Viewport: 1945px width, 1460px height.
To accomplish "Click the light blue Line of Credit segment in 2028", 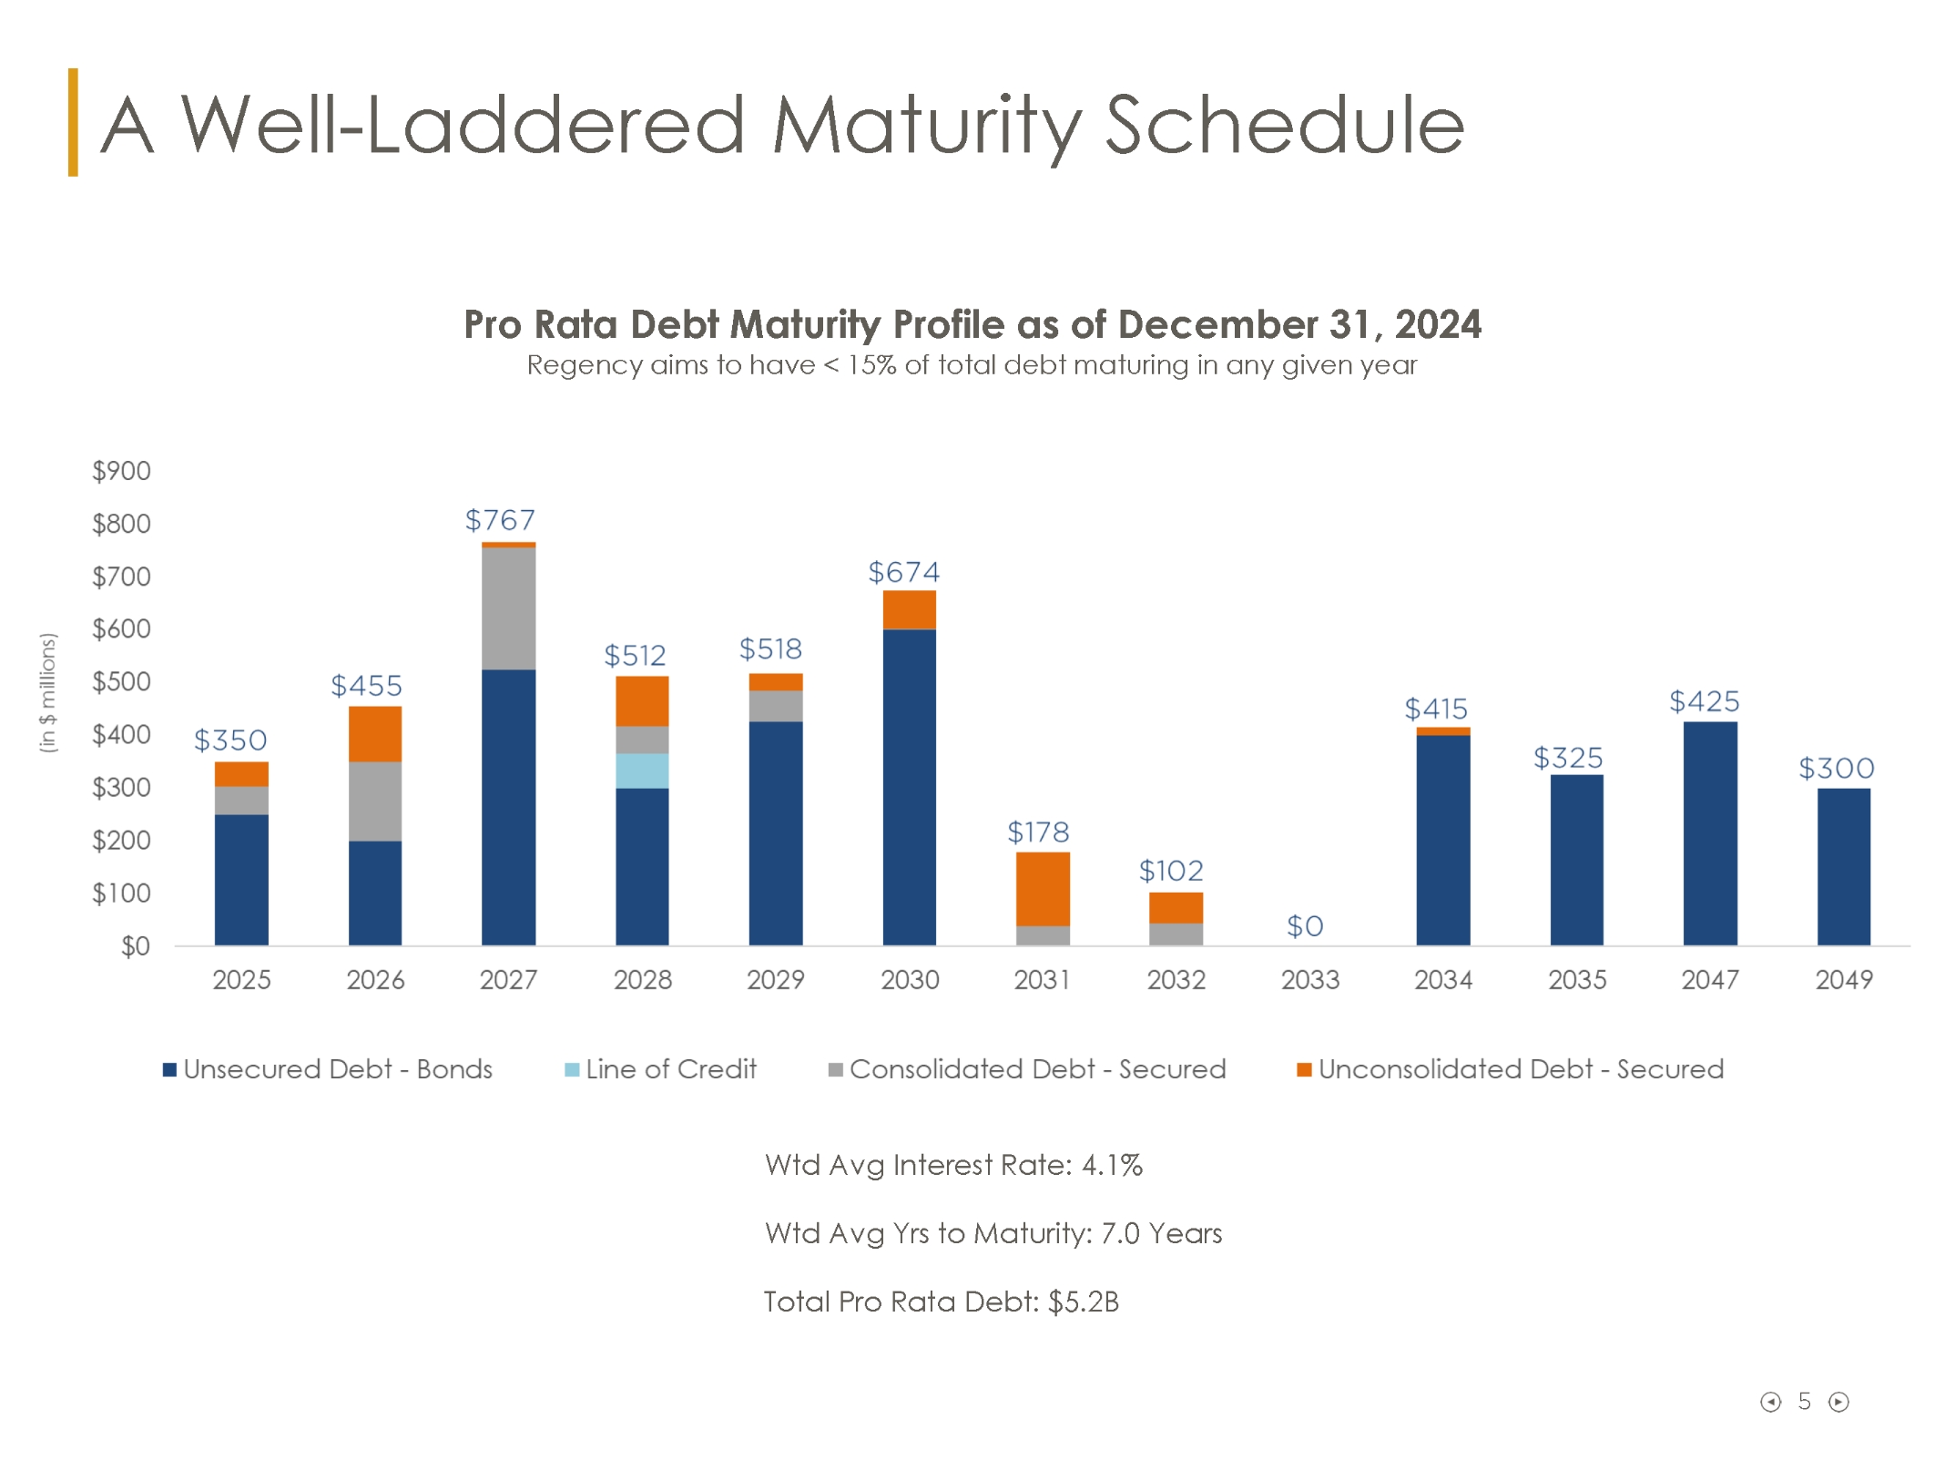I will [x=642, y=771].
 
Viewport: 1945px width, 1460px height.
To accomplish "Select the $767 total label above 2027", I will [x=500, y=520].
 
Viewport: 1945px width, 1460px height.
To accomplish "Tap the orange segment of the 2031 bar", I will [x=1043, y=888].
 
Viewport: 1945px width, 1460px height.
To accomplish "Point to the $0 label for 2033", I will [x=1304, y=926].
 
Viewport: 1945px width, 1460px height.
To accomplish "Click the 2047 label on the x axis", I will [x=1709, y=980].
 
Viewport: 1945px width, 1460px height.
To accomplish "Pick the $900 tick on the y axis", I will [x=121, y=471].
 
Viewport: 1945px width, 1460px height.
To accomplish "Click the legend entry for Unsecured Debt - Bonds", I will [x=328, y=1069].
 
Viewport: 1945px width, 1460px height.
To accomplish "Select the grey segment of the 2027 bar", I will [x=508, y=607].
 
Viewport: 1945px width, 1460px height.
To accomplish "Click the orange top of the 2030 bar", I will [x=909, y=609].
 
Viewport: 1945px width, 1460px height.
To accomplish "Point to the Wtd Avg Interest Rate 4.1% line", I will [x=953, y=1165].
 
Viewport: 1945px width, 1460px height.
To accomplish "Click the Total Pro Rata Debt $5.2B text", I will [x=941, y=1302].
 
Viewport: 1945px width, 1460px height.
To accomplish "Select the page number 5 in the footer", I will [x=1804, y=1401].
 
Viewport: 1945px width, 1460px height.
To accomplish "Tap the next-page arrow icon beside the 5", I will [x=1838, y=1402].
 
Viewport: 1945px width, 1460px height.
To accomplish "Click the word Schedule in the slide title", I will [x=1284, y=125].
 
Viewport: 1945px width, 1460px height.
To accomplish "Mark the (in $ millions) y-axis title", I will [x=48, y=692].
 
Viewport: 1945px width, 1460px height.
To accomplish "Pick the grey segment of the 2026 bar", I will [x=375, y=801].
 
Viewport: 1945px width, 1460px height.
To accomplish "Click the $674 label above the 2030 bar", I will [x=903, y=572].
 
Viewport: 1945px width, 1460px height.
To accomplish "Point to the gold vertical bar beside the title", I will [x=73, y=122].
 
